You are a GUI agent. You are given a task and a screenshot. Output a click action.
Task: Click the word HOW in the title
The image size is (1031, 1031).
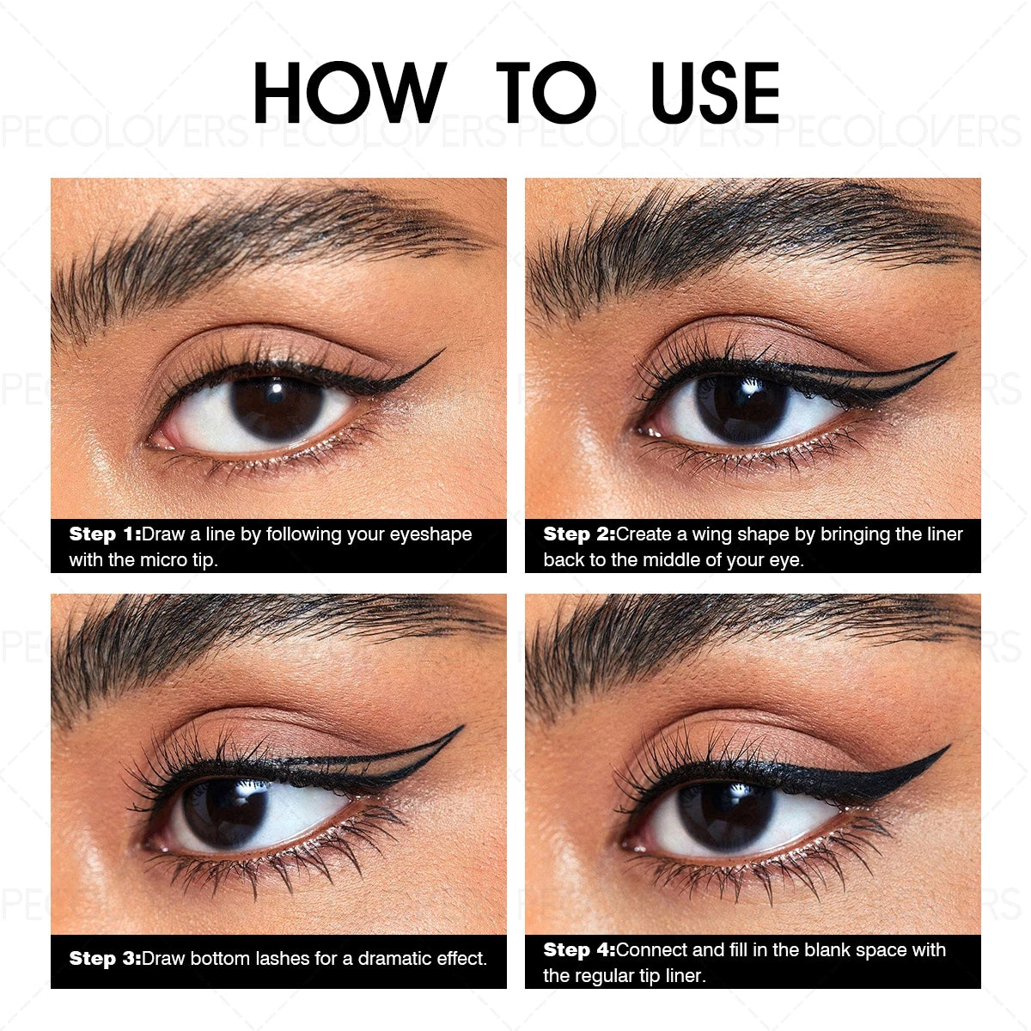tap(349, 93)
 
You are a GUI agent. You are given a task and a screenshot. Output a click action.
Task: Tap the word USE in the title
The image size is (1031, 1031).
tap(716, 93)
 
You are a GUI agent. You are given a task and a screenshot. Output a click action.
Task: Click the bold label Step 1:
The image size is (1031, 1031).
tap(105, 534)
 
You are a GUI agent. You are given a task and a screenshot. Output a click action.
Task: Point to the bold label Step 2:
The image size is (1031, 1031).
tap(579, 534)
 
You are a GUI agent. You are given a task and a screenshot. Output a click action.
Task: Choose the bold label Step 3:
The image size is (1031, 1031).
tap(105, 959)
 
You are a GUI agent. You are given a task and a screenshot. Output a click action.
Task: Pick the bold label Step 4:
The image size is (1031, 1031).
tap(579, 950)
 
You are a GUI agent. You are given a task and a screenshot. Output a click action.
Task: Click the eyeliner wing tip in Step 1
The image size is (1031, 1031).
tap(440, 351)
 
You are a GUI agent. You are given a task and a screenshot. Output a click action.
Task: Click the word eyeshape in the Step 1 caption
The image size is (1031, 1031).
tap(430, 534)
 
